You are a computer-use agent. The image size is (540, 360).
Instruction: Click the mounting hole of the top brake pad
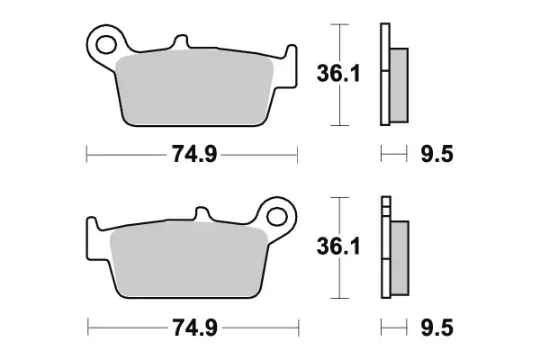(106, 45)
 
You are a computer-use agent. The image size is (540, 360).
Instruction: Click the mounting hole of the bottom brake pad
(277, 217)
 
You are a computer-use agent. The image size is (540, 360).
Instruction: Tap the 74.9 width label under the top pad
(194, 154)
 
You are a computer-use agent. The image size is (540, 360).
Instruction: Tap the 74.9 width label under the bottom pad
(194, 328)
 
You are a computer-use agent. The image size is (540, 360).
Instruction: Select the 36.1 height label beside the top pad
(338, 74)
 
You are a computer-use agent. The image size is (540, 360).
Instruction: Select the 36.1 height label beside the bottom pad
(338, 247)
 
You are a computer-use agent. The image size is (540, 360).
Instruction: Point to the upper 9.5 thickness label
(436, 154)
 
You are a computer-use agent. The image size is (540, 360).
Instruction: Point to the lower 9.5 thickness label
(436, 328)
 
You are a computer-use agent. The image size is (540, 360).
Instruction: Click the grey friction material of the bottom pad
(189, 260)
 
